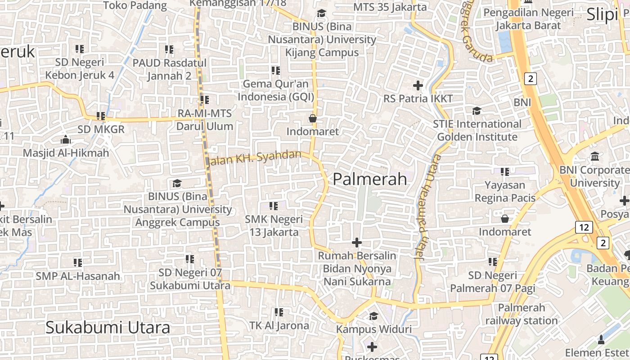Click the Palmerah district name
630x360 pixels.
370,179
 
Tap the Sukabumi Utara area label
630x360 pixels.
108,327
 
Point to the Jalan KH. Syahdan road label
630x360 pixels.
254,158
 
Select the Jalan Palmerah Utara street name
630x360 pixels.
426,207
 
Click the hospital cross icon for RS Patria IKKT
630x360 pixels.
418,85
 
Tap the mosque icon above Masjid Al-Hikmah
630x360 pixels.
66,139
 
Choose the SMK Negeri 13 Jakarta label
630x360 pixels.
274,225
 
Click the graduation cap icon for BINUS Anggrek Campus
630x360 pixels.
177,183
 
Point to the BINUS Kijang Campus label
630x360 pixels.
322,40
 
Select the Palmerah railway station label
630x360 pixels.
522,314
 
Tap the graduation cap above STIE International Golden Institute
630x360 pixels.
477,111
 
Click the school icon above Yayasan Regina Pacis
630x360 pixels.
505,171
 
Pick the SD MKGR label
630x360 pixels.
101,130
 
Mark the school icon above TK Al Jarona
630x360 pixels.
279,312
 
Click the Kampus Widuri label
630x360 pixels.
374,329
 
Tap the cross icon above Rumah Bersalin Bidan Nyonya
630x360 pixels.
357,243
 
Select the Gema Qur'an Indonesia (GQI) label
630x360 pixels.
276,90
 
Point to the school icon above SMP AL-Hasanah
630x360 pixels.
78,262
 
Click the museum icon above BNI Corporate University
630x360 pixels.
595,157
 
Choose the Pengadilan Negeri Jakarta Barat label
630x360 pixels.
529,19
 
